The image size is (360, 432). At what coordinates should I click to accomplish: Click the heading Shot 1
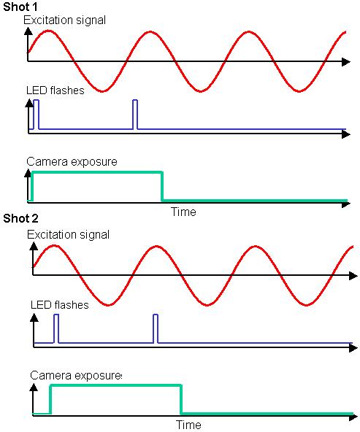[20, 7]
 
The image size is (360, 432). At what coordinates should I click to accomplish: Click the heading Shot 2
[20, 218]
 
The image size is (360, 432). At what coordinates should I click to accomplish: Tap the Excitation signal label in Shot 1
[64, 20]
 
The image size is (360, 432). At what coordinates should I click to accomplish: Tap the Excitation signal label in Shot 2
[69, 235]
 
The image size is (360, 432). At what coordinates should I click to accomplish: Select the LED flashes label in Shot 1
[55, 90]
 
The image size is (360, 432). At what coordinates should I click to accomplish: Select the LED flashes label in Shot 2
[60, 305]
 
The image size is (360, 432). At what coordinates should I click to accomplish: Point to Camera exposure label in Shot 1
[72, 162]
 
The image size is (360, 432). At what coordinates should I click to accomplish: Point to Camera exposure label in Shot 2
[76, 376]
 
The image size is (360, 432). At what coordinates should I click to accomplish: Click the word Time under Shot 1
[183, 212]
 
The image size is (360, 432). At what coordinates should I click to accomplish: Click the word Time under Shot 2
[188, 425]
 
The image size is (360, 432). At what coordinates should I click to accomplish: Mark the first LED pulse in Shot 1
[36, 115]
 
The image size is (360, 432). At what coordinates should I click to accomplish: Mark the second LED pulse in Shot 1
[135, 115]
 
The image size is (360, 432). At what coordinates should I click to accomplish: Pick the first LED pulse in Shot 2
[56, 328]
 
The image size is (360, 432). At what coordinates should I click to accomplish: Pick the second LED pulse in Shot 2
[156, 328]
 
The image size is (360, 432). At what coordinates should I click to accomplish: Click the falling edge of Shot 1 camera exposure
[162, 187]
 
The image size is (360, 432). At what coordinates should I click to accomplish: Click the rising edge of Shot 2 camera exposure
[50, 399]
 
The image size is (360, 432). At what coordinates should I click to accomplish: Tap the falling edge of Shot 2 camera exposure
[181, 399]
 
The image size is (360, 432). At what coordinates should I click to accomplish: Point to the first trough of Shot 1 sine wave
[102, 91]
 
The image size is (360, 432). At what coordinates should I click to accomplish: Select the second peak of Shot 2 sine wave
[156, 246]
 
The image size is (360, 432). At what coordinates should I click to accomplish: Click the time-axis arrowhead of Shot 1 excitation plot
[346, 62]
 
